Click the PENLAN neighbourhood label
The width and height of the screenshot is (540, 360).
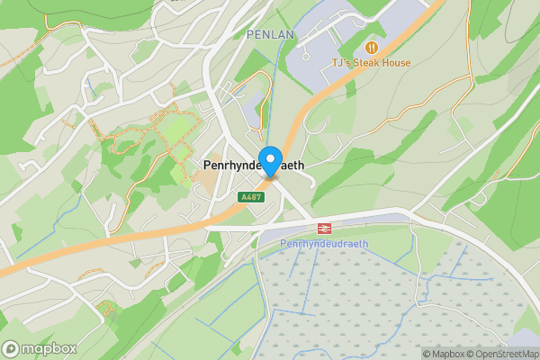(x=271, y=34)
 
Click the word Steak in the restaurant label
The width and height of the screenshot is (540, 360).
(x=369, y=63)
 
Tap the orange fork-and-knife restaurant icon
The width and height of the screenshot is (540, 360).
(x=371, y=47)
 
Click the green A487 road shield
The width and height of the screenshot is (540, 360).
(x=250, y=196)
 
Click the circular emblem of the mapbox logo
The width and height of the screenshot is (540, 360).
(x=12, y=348)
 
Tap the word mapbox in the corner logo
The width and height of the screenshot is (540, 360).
(x=49, y=348)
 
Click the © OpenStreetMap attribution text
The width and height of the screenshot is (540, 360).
(x=502, y=354)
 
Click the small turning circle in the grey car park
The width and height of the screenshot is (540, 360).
(x=307, y=56)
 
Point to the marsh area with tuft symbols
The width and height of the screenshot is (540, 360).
(x=378, y=297)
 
